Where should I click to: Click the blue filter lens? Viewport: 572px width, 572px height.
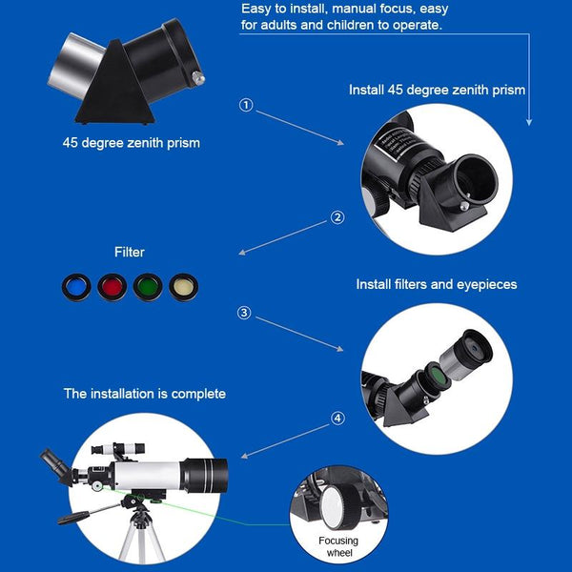tap(73, 285)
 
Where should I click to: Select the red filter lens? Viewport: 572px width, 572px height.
tap(112, 285)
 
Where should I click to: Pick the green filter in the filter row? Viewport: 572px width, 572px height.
tap(148, 285)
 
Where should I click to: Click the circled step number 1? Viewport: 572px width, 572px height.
tap(246, 106)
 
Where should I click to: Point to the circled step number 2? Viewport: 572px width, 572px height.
tap(337, 216)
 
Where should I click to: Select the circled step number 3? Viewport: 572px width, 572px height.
tap(244, 313)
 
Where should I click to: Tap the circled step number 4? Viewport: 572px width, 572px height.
tap(337, 418)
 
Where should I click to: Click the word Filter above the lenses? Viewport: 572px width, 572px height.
tap(130, 253)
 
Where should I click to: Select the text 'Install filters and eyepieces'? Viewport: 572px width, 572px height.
tap(437, 284)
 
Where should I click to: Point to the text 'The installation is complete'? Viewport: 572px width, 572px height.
tap(145, 393)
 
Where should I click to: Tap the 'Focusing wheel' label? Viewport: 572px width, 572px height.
tap(338, 546)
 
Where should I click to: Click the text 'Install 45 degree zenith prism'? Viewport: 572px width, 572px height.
tap(437, 91)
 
